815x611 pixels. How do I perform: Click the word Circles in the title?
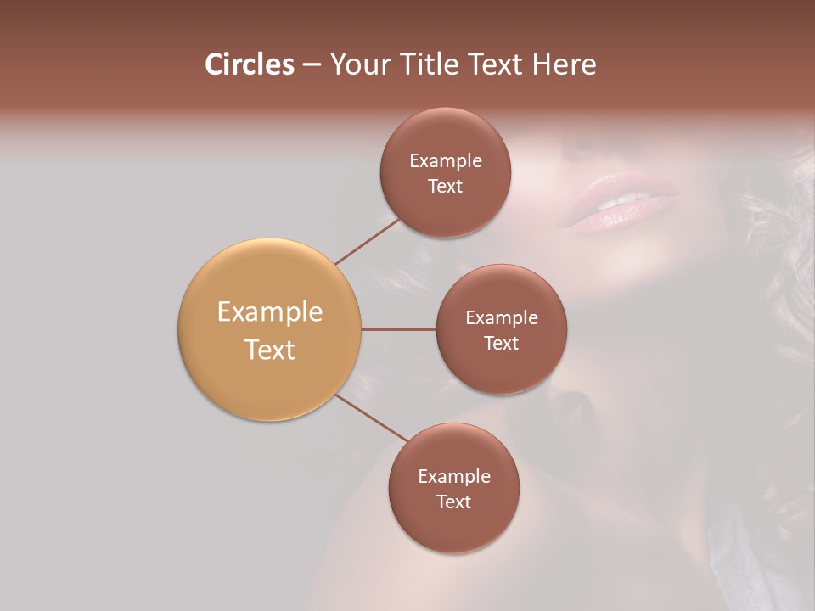tap(250, 64)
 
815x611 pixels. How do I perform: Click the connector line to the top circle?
tap(367, 241)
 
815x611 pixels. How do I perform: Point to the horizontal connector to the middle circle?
tap(399, 329)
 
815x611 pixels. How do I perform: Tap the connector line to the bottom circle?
tap(371, 418)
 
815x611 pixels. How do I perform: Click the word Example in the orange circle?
tap(270, 312)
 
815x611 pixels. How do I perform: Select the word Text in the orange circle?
tap(270, 350)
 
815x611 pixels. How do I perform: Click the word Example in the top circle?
tap(446, 160)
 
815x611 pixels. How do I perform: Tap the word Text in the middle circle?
tap(502, 343)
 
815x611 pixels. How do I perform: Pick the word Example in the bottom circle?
tap(454, 476)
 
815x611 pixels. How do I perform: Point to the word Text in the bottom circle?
tap(454, 502)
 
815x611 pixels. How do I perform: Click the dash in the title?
tap(312, 65)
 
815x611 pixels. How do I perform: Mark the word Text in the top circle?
tap(446, 186)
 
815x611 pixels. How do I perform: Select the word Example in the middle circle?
tap(502, 317)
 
